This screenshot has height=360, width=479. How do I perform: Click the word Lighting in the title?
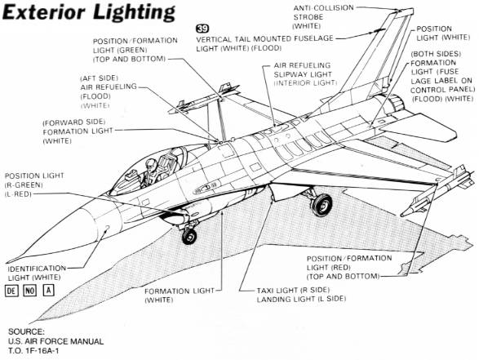(134, 12)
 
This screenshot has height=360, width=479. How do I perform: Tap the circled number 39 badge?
(202, 29)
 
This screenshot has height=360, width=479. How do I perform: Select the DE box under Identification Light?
(11, 291)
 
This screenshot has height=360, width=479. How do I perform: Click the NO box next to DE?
(30, 291)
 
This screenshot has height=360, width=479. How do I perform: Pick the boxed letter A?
(49, 291)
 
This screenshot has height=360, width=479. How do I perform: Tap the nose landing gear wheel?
(189, 236)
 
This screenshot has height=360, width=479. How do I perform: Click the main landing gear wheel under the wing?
(322, 205)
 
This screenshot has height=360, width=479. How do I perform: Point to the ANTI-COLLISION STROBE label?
(323, 17)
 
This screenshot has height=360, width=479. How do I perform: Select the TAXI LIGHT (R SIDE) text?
(293, 290)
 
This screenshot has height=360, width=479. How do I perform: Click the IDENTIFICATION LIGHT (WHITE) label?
(37, 273)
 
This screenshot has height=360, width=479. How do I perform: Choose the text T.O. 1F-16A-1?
(33, 350)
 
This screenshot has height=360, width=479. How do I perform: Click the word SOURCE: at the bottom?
(26, 331)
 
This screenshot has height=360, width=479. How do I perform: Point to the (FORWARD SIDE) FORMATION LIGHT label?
(78, 131)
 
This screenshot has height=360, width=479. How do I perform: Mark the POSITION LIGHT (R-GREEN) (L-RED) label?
(34, 184)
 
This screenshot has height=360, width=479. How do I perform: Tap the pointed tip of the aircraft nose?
(7, 262)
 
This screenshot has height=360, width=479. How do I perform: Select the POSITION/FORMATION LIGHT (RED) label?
(349, 268)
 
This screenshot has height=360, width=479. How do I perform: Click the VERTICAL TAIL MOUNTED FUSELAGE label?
(264, 39)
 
